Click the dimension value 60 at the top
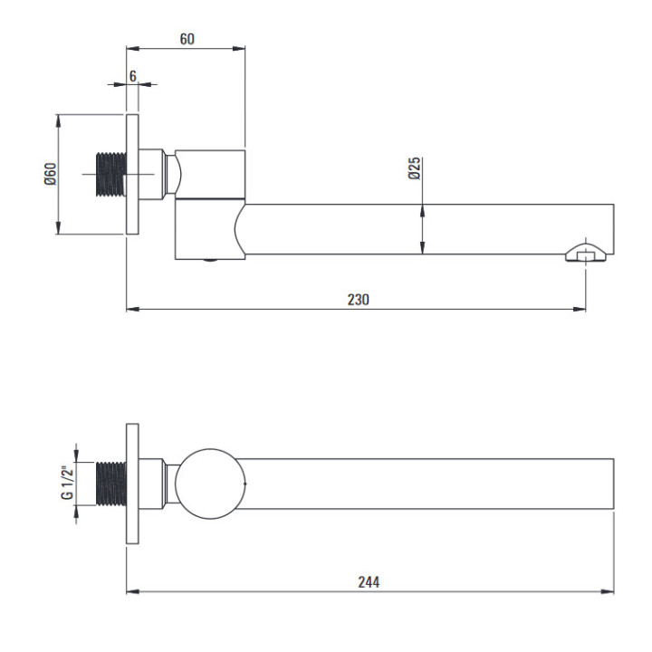tap(187, 39)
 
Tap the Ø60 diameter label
tap(51, 173)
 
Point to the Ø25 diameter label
tap(413, 169)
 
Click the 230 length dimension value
tap(358, 299)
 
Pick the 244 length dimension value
tap(368, 581)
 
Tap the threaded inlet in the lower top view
tap(110, 484)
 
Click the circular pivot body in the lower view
tap(209, 484)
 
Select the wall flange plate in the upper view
tap(132, 173)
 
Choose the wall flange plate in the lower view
tap(132, 484)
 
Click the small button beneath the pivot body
tap(210, 262)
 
